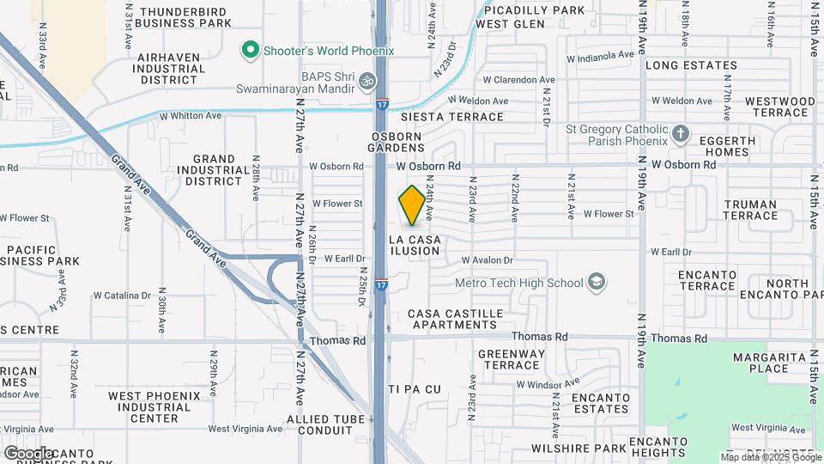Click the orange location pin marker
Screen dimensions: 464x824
pyautogui.click(x=412, y=205)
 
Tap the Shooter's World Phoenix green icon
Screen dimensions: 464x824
pyautogui.click(x=251, y=51)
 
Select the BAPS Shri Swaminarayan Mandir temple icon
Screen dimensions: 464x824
pyautogui.click(x=367, y=81)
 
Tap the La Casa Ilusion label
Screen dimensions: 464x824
pyautogui.click(x=415, y=245)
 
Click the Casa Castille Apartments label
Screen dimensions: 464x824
pyautogui.click(x=452, y=319)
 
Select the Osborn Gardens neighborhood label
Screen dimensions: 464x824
pyautogui.click(x=397, y=143)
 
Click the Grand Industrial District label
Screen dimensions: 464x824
pyautogui.click(x=214, y=170)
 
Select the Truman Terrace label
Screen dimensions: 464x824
pyautogui.click(x=750, y=210)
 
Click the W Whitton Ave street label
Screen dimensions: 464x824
pyautogui.click(x=190, y=115)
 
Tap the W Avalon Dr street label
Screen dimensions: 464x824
pyautogui.click(x=487, y=259)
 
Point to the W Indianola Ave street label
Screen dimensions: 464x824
pyautogui.click(x=600, y=55)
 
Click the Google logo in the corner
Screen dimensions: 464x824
pyautogui.click(x=27, y=453)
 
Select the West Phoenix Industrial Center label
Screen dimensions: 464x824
pyautogui.click(x=154, y=407)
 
